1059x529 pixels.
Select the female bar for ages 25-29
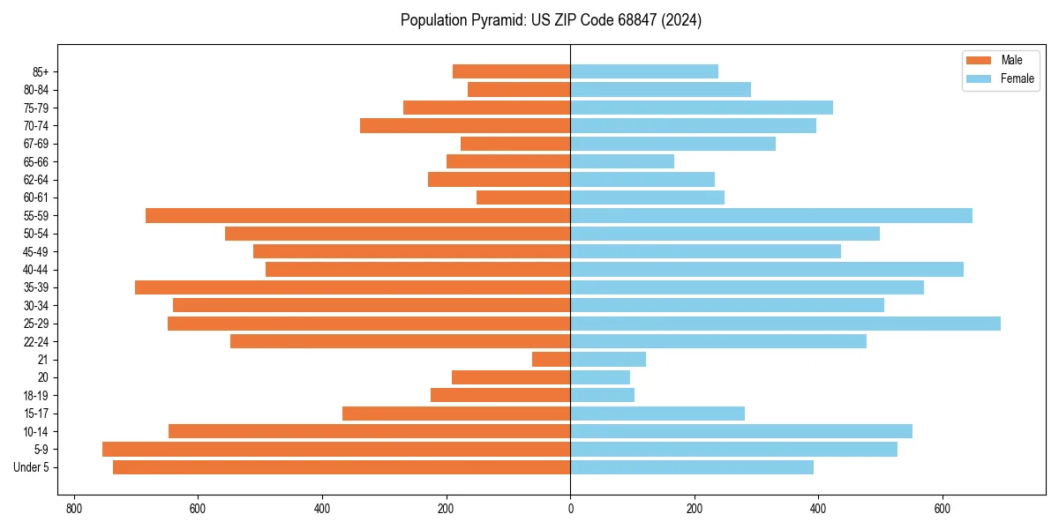[x=785, y=324]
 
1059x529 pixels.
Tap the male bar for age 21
[x=552, y=360]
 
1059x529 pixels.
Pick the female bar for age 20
[x=600, y=377]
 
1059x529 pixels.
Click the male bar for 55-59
[x=358, y=216]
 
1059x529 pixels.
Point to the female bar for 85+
[x=644, y=71]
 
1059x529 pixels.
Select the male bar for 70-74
[x=465, y=126]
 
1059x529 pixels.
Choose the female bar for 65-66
[x=622, y=161]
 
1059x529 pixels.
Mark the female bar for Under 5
[x=692, y=467]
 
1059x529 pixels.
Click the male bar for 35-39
[x=353, y=287]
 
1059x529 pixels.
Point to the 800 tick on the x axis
[x=73, y=509]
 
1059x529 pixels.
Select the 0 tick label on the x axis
[x=570, y=509]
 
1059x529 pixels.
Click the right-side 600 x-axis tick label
[x=943, y=509]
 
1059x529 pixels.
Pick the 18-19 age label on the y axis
[x=35, y=396]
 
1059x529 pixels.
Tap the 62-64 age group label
[x=35, y=180]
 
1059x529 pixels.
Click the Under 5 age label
[x=32, y=467]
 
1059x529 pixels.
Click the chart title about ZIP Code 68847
[x=551, y=20]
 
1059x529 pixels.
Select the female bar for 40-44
[x=767, y=270]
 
